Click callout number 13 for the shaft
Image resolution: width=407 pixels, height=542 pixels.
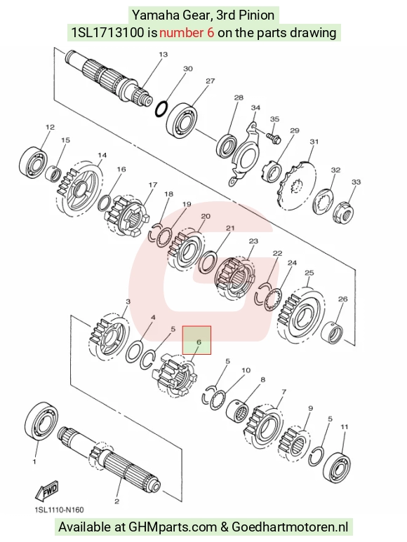163,54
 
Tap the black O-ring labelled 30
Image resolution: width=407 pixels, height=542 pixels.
161,109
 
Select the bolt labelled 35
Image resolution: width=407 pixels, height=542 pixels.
274,137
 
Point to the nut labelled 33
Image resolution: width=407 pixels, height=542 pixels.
343,212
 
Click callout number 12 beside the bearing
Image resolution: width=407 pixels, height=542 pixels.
50,127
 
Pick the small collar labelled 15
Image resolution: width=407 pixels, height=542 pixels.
53,172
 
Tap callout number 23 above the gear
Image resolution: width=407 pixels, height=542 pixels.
253,240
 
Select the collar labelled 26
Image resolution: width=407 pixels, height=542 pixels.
332,334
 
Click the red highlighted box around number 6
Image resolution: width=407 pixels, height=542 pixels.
196,340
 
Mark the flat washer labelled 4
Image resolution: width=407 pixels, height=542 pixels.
134,351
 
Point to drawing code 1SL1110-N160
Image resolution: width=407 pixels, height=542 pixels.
59,510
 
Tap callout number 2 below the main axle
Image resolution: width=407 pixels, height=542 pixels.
116,501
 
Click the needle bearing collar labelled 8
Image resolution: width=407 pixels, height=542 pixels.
238,410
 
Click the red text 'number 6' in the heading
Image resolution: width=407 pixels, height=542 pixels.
187,32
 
